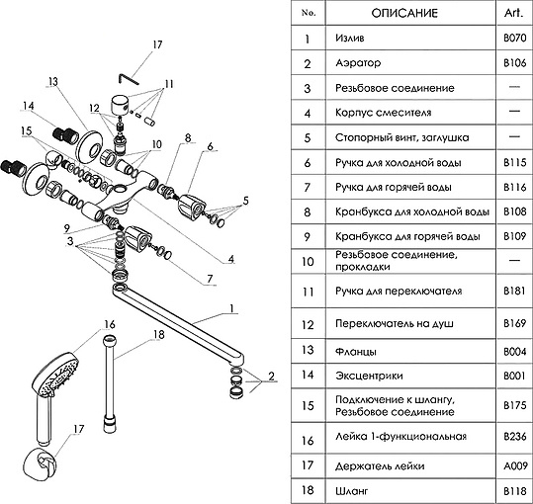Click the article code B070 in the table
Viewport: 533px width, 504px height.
pyautogui.click(x=514, y=38)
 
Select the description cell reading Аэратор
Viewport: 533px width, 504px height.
pyautogui.click(x=358, y=63)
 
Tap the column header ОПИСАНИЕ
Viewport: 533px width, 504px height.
pyautogui.click(x=404, y=13)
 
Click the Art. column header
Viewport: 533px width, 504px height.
pyautogui.click(x=513, y=13)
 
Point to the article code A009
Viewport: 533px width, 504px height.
pyautogui.click(x=515, y=465)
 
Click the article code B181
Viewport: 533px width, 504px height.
pyautogui.click(x=514, y=291)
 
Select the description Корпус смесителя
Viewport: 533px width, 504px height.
pyautogui.click(x=383, y=113)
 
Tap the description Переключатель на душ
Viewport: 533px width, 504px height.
pyautogui.click(x=394, y=323)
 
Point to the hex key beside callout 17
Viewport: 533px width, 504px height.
pyautogui.click(x=129, y=80)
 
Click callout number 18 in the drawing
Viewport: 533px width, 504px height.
pyautogui.click(x=158, y=335)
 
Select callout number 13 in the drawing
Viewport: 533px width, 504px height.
pyautogui.click(x=53, y=81)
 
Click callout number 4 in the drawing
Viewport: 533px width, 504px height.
pyautogui.click(x=231, y=259)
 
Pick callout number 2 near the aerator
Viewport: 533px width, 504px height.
pyautogui.click(x=271, y=376)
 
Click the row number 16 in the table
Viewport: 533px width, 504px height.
pyautogui.click(x=308, y=441)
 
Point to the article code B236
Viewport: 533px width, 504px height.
pyautogui.click(x=514, y=436)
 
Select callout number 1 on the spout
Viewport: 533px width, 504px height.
pyautogui.click(x=231, y=308)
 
